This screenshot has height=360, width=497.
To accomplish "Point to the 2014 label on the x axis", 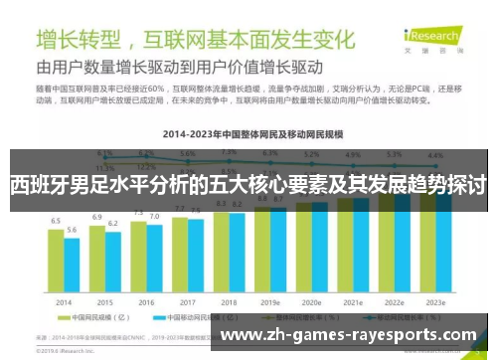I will (64, 301).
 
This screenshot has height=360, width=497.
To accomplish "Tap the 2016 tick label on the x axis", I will (146, 301).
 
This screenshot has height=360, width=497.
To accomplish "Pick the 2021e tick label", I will (353, 301).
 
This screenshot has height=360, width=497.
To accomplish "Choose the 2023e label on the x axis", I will (435, 301).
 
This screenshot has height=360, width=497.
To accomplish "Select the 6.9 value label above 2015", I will (97, 217).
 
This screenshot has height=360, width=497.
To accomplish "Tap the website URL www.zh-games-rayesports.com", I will (348, 335).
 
